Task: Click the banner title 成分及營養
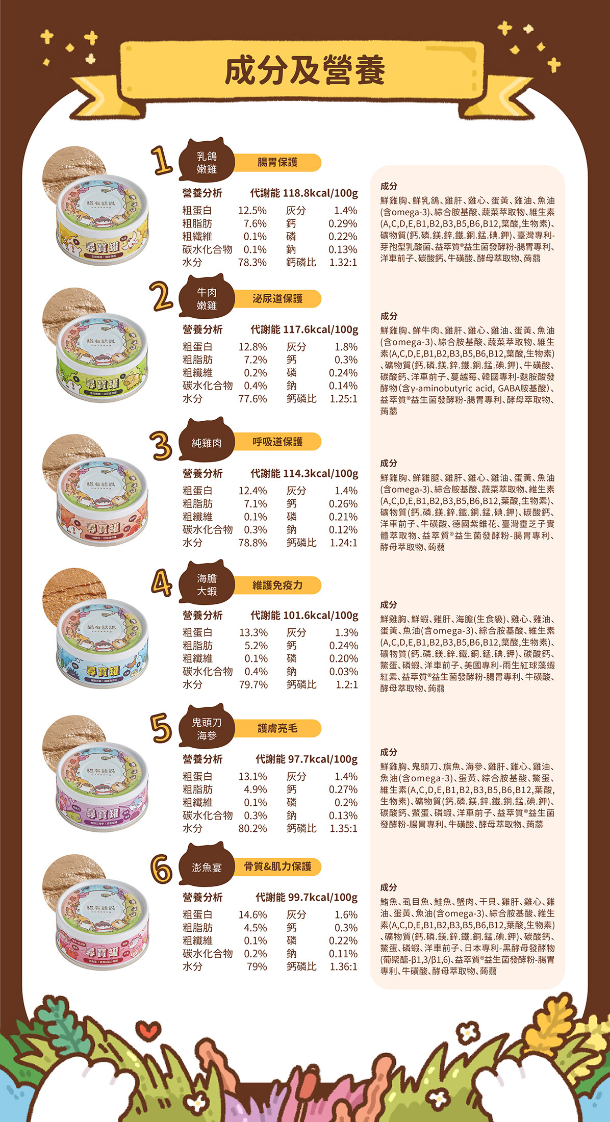(304, 70)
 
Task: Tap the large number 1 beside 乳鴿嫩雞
(162, 160)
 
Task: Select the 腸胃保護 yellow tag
(277, 163)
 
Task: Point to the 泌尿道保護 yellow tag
(277, 299)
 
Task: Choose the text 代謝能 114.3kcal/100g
(304, 473)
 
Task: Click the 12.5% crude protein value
(252, 211)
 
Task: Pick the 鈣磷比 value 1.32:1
(343, 262)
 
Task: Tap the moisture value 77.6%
(252, 399)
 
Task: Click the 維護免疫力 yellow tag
(277, 585)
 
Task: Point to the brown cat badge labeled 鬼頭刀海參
(207, 729)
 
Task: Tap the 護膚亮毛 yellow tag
(277, 729)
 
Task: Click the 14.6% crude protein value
(252, 914)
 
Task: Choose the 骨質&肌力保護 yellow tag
(277, 866)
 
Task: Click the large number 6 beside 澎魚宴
(162, 869)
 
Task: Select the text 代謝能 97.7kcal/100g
(307, 759)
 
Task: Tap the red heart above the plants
(149, 1033)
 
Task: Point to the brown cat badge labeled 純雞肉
(207, 443)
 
